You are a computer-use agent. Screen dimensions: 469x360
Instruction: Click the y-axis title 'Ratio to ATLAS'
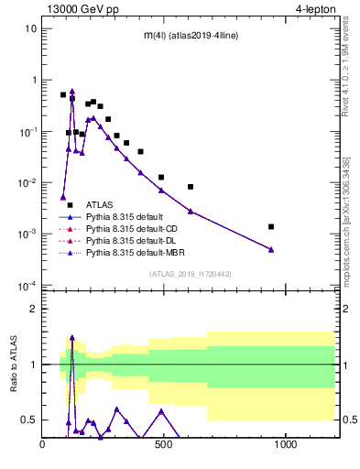[12, 365]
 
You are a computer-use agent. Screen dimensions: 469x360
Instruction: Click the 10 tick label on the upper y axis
[30, 28]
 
